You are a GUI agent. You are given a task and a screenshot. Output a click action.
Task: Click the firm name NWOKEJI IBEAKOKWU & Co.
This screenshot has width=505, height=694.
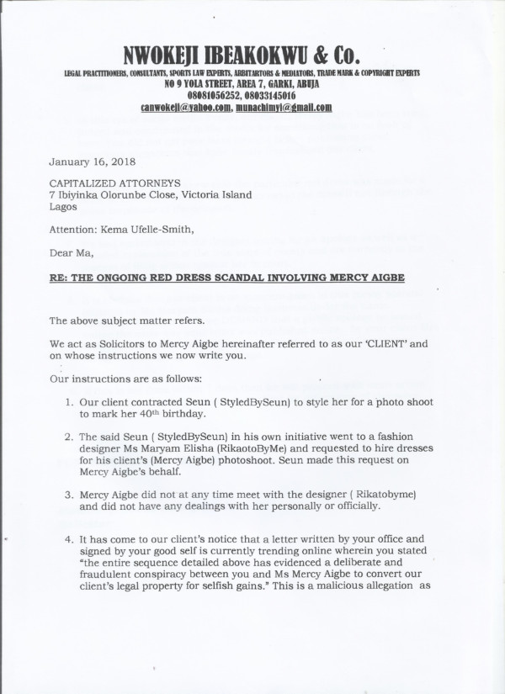point(242,56)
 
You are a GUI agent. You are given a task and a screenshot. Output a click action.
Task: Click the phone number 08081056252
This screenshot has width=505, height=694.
point(206,96)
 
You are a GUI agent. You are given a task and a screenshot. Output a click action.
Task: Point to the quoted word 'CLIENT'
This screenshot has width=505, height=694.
point(374,343)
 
